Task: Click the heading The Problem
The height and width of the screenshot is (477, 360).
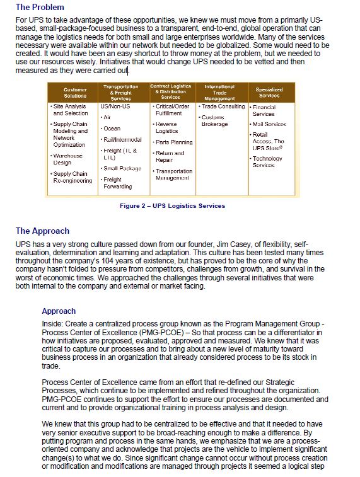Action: point(40,8)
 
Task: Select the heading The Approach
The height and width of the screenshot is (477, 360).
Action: point(43,231)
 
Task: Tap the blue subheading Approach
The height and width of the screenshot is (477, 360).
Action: point(59,311)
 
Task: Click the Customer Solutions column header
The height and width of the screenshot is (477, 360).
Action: point(75,93)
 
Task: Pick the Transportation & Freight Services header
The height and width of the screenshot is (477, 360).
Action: point(120,93)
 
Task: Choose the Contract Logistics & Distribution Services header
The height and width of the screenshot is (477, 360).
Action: point(170,92)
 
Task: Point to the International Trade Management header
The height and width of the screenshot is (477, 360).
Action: point(219,93)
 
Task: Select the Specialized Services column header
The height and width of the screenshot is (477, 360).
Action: point(269,93)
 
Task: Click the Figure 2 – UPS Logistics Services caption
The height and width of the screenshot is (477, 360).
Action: point(172,206)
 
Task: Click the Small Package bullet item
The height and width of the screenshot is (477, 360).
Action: point(122,168)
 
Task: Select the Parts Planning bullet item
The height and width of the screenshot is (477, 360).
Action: point(173,142)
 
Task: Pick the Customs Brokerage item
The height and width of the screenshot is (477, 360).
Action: point(214,121)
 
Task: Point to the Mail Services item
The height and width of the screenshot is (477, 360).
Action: point(269,125)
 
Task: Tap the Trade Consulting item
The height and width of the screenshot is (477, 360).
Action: point(223,106)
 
